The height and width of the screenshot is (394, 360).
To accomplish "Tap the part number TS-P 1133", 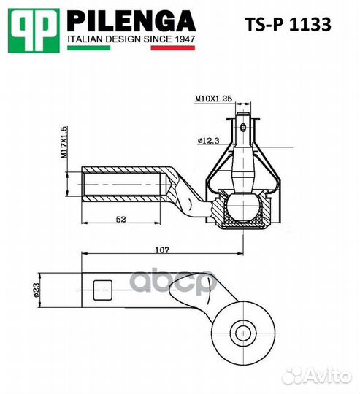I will click(286, 25).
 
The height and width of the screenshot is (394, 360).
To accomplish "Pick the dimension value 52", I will click(122, 219).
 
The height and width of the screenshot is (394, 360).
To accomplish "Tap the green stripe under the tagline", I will click(88, 48).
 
